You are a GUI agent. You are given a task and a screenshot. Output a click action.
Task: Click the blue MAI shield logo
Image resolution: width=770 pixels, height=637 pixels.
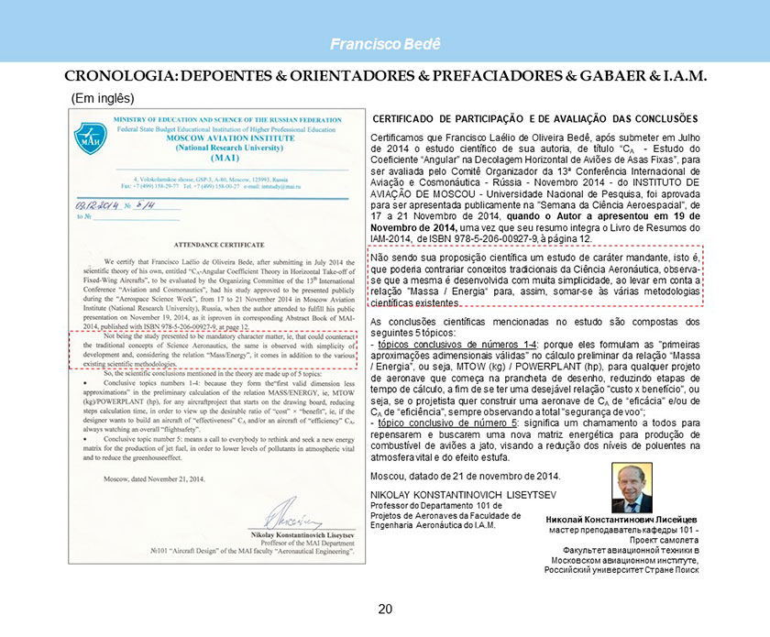tap(90, 137)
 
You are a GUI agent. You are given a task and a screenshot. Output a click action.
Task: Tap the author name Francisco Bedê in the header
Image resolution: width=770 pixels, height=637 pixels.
tap(385, 45)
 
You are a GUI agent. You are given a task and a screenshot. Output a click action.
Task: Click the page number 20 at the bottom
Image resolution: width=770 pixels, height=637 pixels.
tap(385, 610)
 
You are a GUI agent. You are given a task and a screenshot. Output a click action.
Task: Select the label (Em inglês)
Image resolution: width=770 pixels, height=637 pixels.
tap(103, 97)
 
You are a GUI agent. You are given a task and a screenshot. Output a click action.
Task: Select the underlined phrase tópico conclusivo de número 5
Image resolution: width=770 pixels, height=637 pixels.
tap(451, 423)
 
